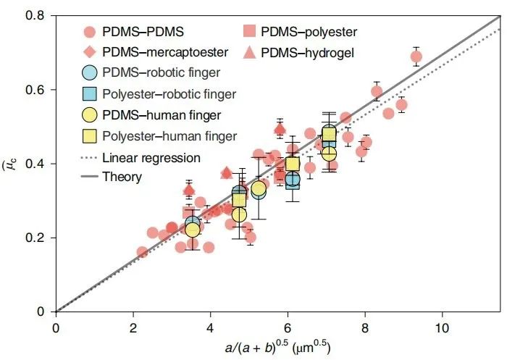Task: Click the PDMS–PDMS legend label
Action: point(143,33)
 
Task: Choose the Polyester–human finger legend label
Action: point(169,135)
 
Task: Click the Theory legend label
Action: point(122,176)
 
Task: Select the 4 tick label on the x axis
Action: point(210,323)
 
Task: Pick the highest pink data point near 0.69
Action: point(416,56)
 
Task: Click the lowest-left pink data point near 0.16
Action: point(142,252)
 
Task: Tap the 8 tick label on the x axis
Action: point(364,323)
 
